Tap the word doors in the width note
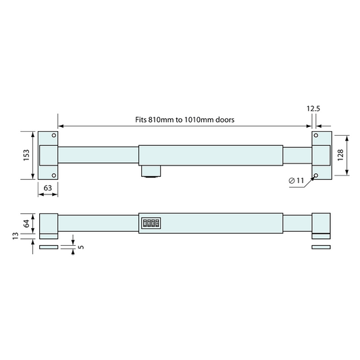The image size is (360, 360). [224, 119]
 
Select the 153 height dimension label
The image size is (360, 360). [27, 155]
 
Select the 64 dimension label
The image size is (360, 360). [27, 224]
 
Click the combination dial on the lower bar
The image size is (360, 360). [150, 223]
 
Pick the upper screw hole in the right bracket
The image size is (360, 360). [315, 137]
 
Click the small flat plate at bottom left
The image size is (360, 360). [49, 248]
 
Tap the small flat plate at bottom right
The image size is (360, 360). [321, 248]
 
